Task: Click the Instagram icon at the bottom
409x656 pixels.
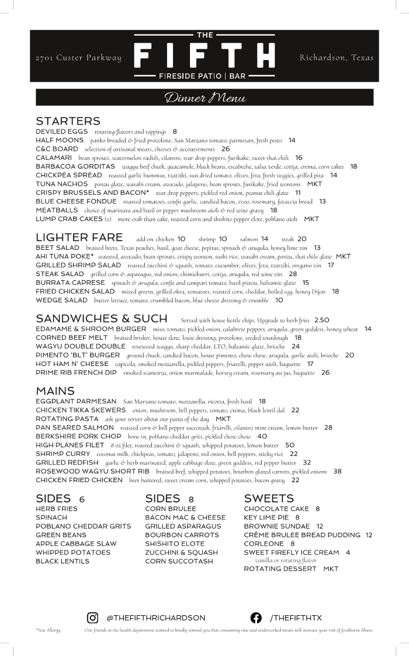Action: click(92, 617)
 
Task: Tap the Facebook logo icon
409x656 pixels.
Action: click(256, 617)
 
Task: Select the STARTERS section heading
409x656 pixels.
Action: click(68, 121)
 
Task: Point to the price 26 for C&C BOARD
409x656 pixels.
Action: click(226, 149)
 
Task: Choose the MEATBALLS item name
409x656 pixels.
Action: click(57, 210)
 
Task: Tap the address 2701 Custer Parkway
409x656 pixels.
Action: click(78, 58)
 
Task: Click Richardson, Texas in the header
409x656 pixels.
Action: click(336, 58)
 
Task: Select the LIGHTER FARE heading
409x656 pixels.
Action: click(79, 238)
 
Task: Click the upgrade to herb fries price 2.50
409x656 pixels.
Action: click(322, 320)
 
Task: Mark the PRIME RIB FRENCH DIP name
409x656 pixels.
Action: click(76, 372)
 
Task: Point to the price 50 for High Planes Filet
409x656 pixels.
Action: click(290, 445)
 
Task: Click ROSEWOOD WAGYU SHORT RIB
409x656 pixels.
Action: click(92, 472)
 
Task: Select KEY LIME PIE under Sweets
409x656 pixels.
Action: click(266, 517)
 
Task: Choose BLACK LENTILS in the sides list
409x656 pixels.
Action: click(63, 561)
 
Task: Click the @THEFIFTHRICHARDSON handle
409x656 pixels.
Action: click(155, 617)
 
